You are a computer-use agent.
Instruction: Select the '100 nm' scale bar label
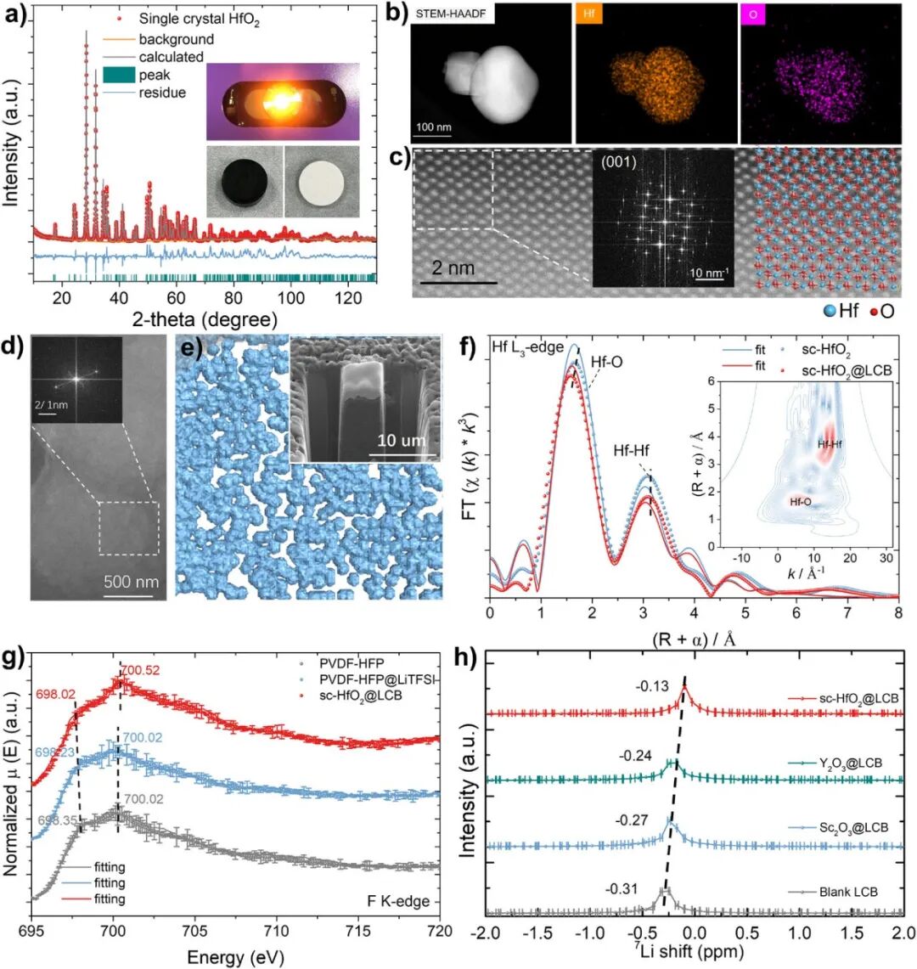434,127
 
